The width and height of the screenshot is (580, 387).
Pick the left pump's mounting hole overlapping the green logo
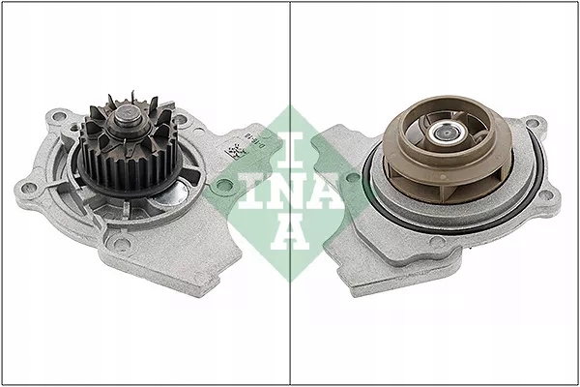(x=224, y=183)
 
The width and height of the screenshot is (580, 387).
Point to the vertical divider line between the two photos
(x=291, y=58)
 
